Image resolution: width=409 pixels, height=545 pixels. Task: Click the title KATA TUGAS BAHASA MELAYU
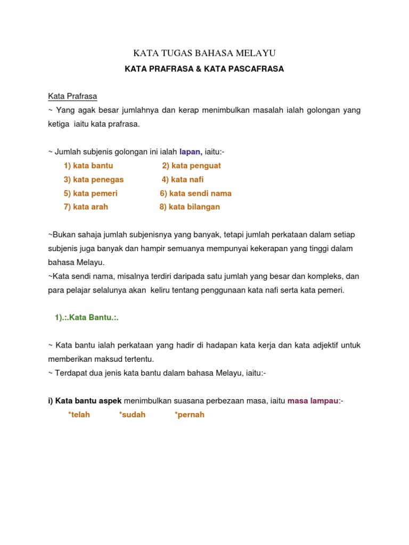point(204,53)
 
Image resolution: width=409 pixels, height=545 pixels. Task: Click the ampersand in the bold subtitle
point(199,69)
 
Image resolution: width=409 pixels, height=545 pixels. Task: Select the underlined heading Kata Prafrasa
point(72,96)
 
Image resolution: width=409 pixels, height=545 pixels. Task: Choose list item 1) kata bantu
point(88,166)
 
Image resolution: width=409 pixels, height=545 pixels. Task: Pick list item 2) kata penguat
point(191,166)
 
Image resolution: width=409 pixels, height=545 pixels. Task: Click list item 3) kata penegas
point(94,179)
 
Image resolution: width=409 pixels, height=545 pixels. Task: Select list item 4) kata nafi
point(183,179)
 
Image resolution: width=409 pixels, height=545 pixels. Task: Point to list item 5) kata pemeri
point(91,193)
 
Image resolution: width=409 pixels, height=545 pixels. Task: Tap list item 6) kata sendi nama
point(195,193)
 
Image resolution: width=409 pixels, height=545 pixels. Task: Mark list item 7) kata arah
point(86,207)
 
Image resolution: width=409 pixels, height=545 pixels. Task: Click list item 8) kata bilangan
point(190,207)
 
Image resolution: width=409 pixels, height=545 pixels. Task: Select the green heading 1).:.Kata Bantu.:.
point(86,317)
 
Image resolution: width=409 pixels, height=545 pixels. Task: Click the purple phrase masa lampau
point(313,401)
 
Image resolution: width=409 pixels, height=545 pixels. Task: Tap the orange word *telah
point(79,415)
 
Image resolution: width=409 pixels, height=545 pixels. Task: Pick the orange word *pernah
point(189,415)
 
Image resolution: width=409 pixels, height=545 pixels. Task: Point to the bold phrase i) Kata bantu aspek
point(85,401)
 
